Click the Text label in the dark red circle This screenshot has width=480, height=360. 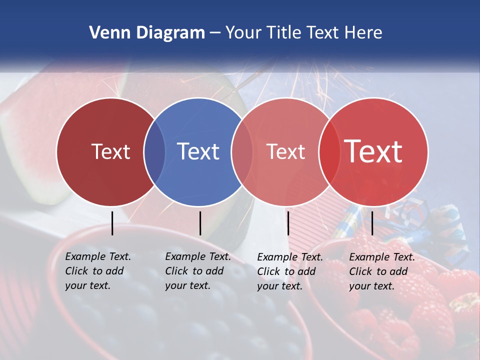pos(110,151)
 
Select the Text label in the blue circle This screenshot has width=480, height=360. pos(198,151)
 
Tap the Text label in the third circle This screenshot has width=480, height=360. pos(285,151)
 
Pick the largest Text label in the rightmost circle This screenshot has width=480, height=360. pos(373,151)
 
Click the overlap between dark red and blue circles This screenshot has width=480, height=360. pos(154,152)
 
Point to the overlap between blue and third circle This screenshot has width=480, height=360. pos(242,152)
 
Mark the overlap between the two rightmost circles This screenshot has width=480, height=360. pos(329,152)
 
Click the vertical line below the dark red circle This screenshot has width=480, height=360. pos(112,223)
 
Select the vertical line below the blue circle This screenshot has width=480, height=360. pos(200,223)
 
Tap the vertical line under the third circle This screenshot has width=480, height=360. pos(288,223)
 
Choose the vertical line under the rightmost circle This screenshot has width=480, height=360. pos(372,223)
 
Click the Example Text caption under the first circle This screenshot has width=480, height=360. pos(97,271)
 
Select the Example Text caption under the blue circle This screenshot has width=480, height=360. pos(197,271)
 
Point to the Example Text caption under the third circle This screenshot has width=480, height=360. pos(289,271)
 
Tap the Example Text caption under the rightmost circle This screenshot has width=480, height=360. pos(381,271)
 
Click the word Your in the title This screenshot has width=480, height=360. pos(243,33)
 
